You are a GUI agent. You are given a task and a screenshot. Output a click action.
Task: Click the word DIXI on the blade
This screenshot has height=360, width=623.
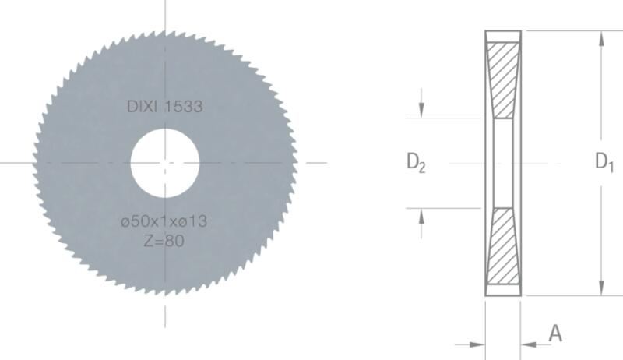(143, 107)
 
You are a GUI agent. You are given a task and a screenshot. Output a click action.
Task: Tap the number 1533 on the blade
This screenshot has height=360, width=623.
(184, 107)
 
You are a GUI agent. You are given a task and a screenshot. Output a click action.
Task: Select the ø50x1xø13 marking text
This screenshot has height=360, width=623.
(164, 221)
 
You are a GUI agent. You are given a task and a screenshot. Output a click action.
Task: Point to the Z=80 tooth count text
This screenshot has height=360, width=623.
(164, 241)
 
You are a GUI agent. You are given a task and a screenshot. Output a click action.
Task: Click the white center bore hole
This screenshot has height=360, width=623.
(165, 163)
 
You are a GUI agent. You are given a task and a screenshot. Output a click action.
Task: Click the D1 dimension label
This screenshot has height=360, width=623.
(604, 162)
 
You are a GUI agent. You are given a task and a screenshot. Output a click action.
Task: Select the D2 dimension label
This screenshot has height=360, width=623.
(416, 163)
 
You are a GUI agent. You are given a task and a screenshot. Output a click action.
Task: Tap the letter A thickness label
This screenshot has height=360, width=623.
(555, 333)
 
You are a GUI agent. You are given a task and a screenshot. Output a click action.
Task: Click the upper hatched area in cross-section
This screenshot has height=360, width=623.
(503, 79)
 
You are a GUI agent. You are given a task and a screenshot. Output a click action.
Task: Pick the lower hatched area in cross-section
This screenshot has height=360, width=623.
(503, 246)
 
